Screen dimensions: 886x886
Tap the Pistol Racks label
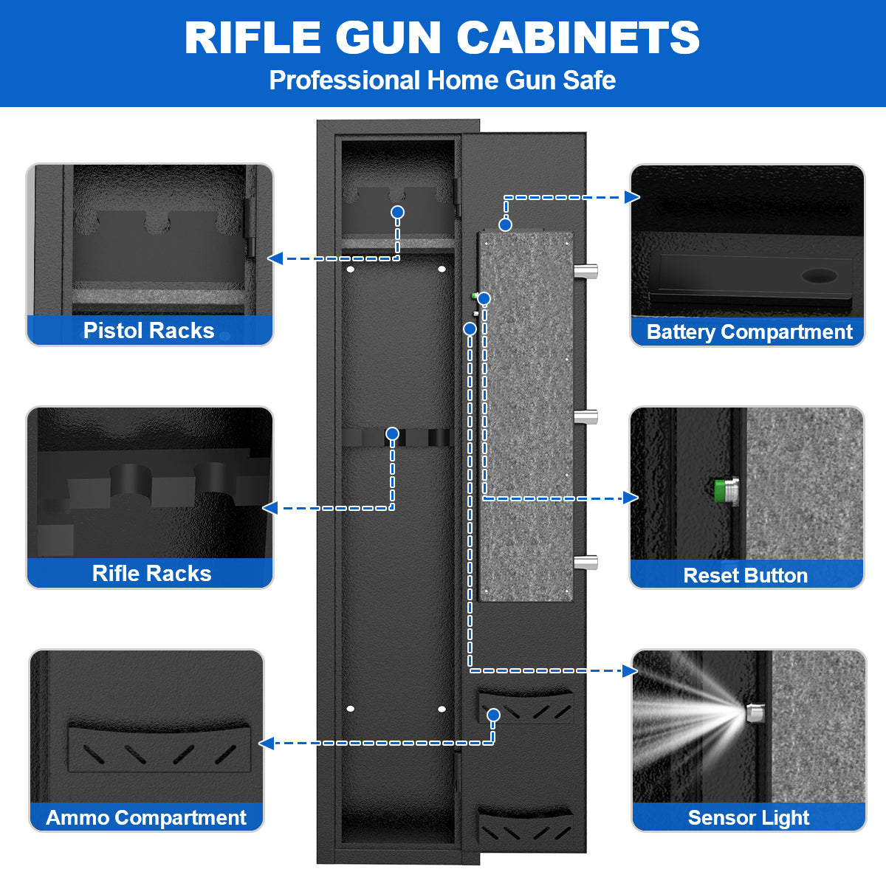pos(149,330)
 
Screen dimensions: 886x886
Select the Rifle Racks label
pos(151,573)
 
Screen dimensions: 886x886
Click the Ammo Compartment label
pos(146,817)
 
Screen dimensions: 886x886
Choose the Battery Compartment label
pos(749,332)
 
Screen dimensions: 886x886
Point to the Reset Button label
pos(746,575)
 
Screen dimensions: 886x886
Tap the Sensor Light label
pos(748,817)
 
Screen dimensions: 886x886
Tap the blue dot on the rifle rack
pos(392,433)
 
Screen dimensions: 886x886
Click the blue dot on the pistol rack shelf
pos(397,213)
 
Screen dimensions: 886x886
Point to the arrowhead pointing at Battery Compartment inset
pos(632,196)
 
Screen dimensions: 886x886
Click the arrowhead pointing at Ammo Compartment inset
pos(267,743)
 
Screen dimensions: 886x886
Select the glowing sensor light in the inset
pos(754,713)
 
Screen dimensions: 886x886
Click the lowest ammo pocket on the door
pos(526,828)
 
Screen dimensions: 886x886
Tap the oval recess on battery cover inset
pos(820,276)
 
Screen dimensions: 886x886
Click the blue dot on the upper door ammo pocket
pos(494,715)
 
